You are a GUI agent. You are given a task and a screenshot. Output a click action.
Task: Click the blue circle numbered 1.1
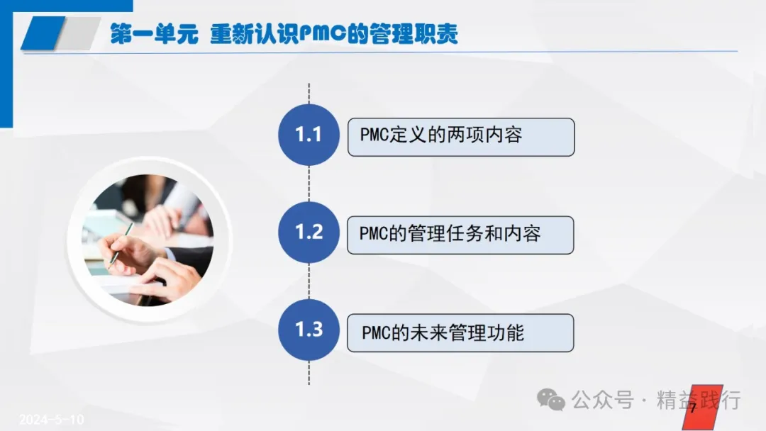309,135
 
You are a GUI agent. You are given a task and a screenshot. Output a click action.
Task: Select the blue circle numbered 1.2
309,233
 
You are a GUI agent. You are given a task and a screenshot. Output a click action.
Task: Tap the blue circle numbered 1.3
309,330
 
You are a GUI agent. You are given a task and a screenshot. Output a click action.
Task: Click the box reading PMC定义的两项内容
461,137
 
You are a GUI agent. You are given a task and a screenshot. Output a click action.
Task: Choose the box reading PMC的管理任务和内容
460,235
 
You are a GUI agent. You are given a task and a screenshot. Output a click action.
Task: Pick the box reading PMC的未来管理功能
460,333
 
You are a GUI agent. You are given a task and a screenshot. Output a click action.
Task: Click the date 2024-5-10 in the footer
51,419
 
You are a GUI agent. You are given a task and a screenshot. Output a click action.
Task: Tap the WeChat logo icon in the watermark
550,400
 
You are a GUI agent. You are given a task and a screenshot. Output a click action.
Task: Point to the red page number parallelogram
702,408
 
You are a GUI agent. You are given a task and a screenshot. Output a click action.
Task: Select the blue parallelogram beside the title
43,33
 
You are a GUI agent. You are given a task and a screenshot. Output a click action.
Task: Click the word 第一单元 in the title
154,34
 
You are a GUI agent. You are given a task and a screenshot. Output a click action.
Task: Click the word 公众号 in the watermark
602,401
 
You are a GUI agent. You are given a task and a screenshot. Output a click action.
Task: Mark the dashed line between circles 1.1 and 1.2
309,184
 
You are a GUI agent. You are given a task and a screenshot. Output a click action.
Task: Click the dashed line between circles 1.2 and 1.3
309,281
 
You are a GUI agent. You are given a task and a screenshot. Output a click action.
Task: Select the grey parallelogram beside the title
78,33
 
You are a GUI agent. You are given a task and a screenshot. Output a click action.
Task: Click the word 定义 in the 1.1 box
408,135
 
